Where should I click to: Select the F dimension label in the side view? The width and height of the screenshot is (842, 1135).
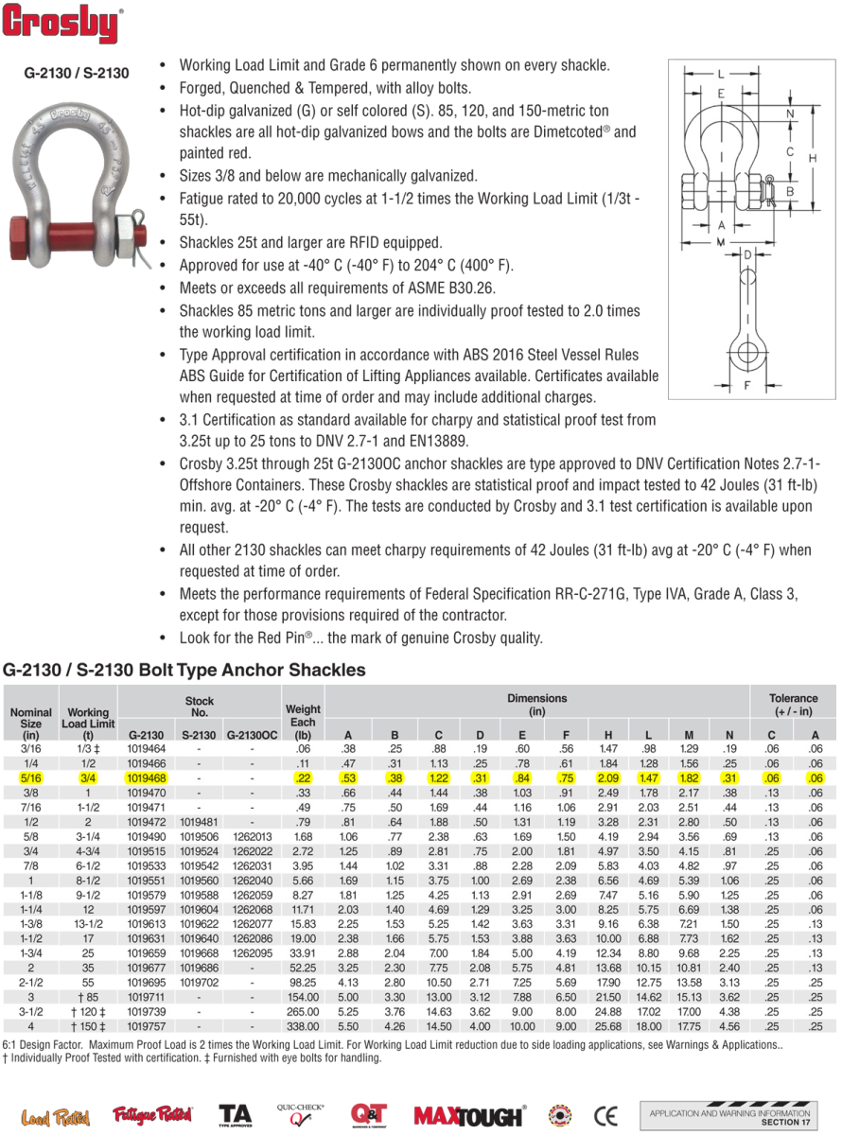(746, 385)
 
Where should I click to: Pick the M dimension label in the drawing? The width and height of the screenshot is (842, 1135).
(720, 242)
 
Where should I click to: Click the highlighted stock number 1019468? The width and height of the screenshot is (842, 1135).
(147, 777)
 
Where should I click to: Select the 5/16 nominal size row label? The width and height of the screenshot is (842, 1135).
(31, 777)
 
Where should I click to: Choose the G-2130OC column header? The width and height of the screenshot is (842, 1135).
(253, 733)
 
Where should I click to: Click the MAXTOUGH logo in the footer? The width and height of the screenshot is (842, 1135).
(469, 1115)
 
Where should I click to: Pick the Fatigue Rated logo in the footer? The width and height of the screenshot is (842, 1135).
(152, 1115)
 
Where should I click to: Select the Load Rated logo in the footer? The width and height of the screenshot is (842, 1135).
(55, 1117)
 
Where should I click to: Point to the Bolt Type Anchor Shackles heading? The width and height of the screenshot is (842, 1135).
(185, 670)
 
